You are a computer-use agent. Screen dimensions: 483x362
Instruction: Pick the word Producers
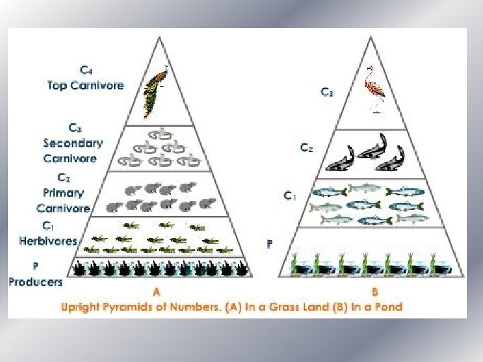point(36,282)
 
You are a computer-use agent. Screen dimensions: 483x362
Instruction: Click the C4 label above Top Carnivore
point(87,70)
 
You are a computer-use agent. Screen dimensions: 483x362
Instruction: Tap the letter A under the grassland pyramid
point(156,292)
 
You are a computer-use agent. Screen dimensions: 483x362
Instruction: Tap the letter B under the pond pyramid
point(375,292)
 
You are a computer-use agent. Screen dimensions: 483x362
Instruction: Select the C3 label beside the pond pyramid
point(327,93)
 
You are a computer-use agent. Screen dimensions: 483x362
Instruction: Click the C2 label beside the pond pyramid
point(305,148)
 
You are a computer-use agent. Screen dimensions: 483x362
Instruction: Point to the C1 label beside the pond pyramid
point(289,196)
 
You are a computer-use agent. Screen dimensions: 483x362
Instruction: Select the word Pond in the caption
point(388,307)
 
